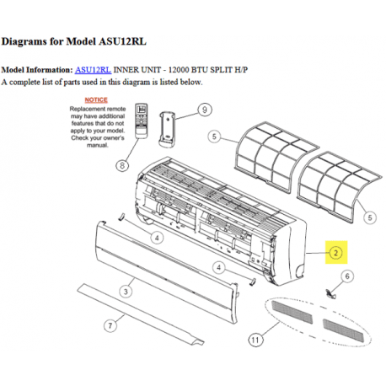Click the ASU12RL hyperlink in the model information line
click(x=93, y=70)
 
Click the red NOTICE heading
click(x=96, y=100)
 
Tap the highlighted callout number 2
click(x=336, y=253)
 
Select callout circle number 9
click(x=205, y=110)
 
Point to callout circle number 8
click(x=122, y=165)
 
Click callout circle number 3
click(x=126, y=292)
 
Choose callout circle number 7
click(x=110, y=325)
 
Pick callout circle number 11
click(x=255, y=340)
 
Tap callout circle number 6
click(x=347, y=276)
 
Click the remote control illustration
click(x=142, y=121)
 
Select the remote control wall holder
click(x=167, y=129)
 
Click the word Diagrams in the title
click(x=24, y=41)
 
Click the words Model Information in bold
click(x=37, y=70)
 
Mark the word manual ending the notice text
click(x=97, y=145)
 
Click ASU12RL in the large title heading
click(x=123, y=41)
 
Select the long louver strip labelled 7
click(x=141, y=314)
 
